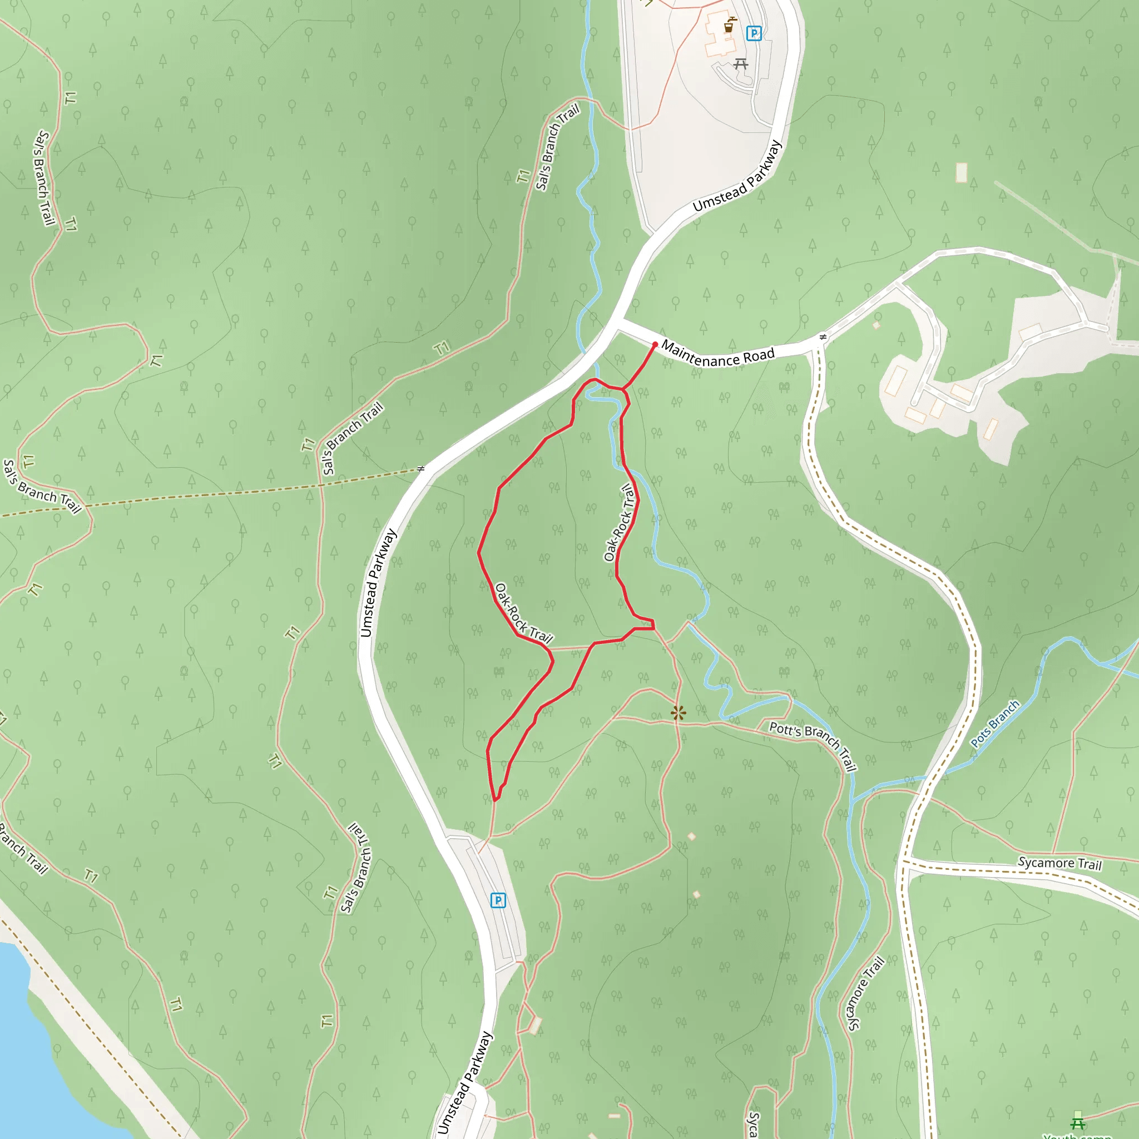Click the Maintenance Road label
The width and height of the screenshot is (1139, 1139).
717,354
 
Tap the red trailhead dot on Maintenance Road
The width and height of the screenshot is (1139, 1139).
655,344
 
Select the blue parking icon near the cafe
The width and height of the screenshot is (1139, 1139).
754,33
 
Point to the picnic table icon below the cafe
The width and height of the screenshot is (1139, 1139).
741,63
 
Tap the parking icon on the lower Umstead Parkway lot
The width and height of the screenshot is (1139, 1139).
498,900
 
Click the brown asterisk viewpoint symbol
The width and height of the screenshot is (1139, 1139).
679,714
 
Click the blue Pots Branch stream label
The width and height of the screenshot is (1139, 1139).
995,724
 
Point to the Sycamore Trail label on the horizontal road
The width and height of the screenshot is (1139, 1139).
1060,863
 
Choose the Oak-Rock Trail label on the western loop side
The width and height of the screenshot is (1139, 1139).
523,613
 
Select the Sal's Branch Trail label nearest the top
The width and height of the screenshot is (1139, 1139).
557,147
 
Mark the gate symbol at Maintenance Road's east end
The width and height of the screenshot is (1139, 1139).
823,337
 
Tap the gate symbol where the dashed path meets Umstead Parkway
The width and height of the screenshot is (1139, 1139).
420,469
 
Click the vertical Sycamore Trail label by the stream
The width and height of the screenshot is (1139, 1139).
865,994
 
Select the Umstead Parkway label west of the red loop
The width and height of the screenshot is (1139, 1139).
379,583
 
